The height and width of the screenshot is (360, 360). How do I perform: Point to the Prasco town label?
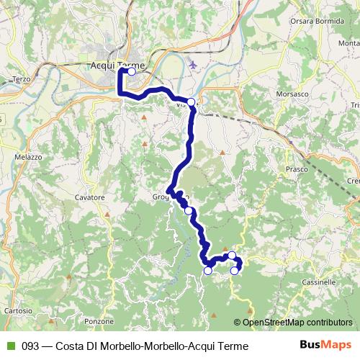[297, 170]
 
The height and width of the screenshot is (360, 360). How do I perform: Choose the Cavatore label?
[90, 197]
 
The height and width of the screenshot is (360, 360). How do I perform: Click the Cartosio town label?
[17, 311]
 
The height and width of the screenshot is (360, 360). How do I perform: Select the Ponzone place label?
[99, 321]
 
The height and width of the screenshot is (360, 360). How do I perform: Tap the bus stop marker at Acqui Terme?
[132, 72]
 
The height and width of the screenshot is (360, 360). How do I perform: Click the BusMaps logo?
[327, 346]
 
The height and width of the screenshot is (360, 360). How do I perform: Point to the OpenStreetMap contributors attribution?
[297, 323]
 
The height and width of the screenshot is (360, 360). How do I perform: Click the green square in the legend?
[9, 346]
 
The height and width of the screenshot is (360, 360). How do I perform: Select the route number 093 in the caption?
[30, 346]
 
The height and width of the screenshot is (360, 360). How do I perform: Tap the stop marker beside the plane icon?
[192, 102]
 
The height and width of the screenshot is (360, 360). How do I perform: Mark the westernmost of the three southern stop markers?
[208, 271]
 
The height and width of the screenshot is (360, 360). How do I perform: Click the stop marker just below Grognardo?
[188, 210]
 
